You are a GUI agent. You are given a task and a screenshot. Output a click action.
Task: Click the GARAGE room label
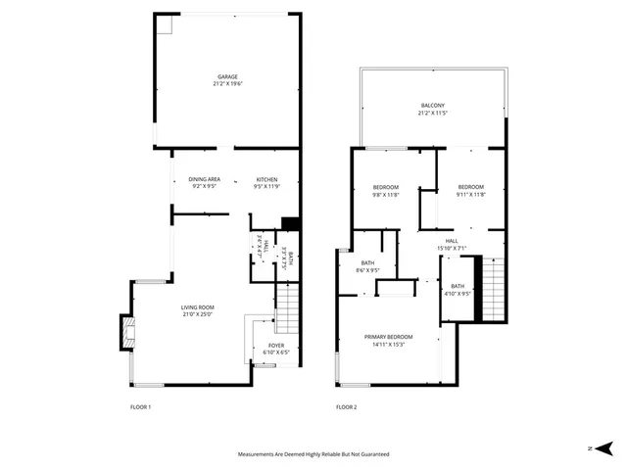coord(227,76)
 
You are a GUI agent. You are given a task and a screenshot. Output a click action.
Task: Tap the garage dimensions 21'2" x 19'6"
coord(227,84)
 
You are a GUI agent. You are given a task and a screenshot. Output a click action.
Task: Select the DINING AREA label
coord(205,179)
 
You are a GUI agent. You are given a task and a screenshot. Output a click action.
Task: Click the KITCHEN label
coord(266,179)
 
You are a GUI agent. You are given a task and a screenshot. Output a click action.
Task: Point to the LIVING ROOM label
coord(197,307)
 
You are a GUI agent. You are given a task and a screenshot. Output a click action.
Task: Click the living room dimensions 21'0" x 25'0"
coord(197,314)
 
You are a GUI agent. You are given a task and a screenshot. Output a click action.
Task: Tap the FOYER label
coord(276,346)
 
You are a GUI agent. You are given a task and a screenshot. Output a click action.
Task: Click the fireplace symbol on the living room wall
coord(125,331)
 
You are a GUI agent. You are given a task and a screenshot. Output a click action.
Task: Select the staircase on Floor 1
coord(287,307)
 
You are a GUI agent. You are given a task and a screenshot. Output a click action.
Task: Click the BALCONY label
coord(433,106)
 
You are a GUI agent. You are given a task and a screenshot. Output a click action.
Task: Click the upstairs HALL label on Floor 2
coord(452,240)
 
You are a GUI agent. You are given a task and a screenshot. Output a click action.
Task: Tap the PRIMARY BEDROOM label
coord(388,337)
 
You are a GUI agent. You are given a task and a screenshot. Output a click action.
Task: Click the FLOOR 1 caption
coord(141,406)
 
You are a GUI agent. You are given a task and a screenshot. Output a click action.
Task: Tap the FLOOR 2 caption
coord(346,406)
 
